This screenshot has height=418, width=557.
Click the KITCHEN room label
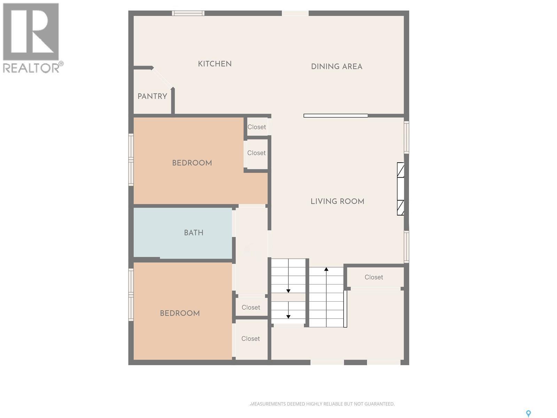[214, 64]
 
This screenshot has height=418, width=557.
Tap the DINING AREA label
[336, 67]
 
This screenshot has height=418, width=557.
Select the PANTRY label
[152, 96]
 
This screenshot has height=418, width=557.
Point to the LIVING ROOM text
[337, 201]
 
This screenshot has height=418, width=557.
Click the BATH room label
[194, 233]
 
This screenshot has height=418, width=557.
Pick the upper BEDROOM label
[192, 163]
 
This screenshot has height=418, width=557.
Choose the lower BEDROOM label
[180, 313]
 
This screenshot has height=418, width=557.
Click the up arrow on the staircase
[326, 270]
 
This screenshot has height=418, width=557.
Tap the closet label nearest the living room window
[374, 277]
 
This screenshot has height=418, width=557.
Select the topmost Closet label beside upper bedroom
[257, 127]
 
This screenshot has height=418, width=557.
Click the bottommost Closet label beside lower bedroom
[250, 339]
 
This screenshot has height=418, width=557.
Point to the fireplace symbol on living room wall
[401, 189]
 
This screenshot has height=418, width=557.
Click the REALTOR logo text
[31, 68]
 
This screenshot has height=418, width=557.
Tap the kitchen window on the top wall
[188, 13]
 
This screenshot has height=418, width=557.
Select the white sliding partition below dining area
[336, 116]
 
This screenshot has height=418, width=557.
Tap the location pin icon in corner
[528, 413]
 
